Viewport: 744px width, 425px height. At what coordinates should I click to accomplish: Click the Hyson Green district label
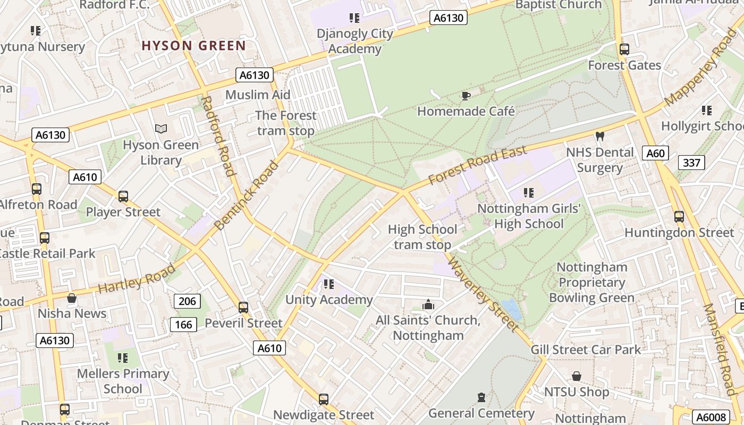(x=193, y=46)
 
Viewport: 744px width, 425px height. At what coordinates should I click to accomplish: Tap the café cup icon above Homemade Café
(x=466, y=96)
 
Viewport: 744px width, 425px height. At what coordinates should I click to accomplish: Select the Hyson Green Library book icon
(x=161, y=129)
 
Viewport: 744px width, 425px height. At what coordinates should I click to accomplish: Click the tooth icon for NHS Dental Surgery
(x=600, y=137)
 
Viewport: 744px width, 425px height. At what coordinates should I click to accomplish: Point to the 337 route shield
(x=691, y=163)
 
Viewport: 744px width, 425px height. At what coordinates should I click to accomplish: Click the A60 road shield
(x=655, y=154)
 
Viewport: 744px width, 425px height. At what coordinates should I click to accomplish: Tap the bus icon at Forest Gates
(x=624, y=49)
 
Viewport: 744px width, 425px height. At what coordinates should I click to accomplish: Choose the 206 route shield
(x=187, y=301)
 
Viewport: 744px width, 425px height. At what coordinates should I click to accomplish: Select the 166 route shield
(x=183, y=324)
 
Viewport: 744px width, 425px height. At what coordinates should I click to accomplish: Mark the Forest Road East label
(x=477, y=165)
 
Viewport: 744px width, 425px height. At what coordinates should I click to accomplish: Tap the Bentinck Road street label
(x=247, y=195)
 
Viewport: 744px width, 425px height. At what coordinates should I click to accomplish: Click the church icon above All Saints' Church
(x=428, y=305)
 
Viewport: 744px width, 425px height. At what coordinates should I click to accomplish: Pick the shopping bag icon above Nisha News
(x=72, y=298)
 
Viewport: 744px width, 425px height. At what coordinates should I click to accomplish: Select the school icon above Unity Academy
(x=328, y=284)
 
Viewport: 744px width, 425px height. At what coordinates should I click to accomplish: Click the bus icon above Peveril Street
(x=243, y=307)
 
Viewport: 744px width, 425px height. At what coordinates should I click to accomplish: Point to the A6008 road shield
(x=711, y=418)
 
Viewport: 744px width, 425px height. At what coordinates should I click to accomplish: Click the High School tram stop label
(x=422, y=237)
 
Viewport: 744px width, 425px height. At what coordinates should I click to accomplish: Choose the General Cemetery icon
(x=481, y=397)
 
